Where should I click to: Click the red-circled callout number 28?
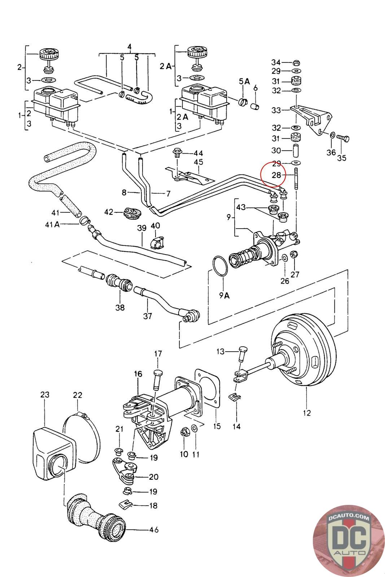point(276,175)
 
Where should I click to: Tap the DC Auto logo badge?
point(349,540)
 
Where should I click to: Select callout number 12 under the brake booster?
point(307,413)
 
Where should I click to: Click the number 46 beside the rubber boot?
point(154,530)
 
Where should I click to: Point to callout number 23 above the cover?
point(45,395)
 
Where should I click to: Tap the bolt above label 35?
point(343,138)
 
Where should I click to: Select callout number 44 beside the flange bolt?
point(198,153)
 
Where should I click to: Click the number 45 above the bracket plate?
point(198,162)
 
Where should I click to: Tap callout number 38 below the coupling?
point(120,308)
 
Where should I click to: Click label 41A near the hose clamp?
point(52,225)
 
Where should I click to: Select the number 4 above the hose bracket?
point(130,47)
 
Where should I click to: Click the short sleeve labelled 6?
point(255,106)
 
